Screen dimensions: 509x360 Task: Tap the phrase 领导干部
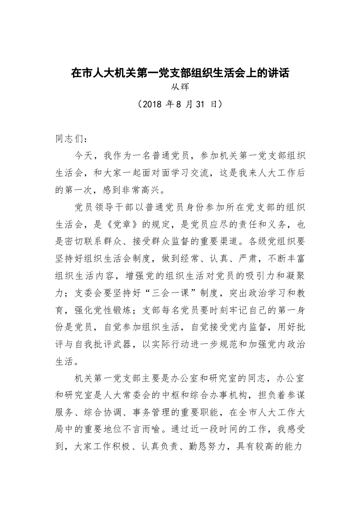(118, 207)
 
